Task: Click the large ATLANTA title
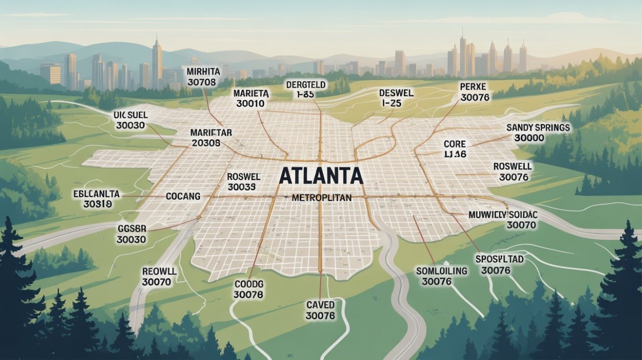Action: pyautogui.click(x=320, y=175)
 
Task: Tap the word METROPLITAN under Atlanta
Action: pyautogui.click(x=322, y=198)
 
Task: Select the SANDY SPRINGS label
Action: pyautogui.click(x=538, y=128)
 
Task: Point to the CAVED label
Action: pyautogui.click(x=320, y=304)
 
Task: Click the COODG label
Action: pyautogui.click(x=248, y=285)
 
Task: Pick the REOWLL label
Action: pyautogui.click(x=159, y=271)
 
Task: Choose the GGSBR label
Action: pyautogui.click(x=131, y=228)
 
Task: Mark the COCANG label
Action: pyautogui.click(x=183, y=196)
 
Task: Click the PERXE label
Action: pyautogui.click(x=473, y=86)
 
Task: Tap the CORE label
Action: pyautogui.click(x=455, y=144)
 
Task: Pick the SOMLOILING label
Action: pyautogui.click(x=441, y=271)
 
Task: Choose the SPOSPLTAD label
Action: pyautogui.click(x=499, y=259)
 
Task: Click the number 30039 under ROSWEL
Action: pyautogui.click(x=242, y=187)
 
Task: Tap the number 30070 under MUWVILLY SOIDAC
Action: pyautogui.click(x=521, y=226)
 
